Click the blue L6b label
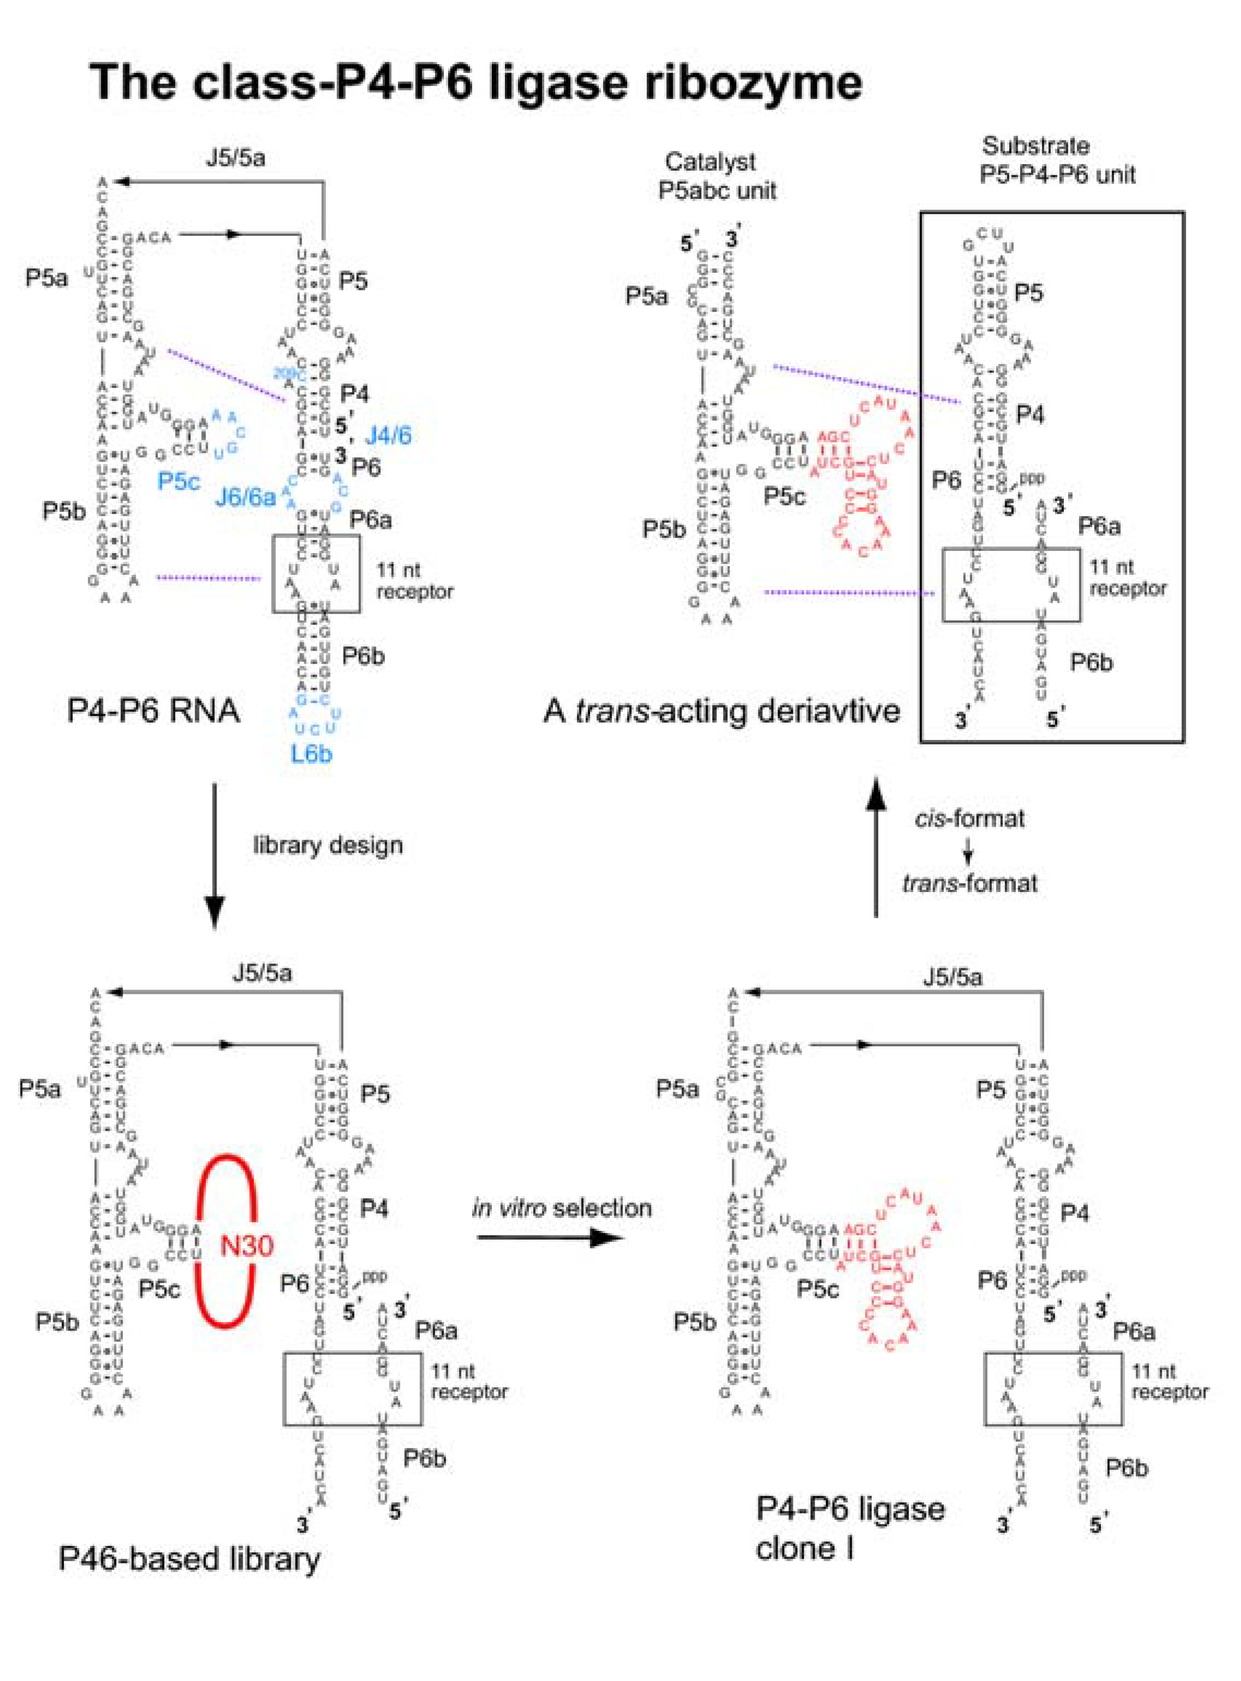[312, 753]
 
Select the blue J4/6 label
[388, 435]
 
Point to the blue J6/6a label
[246, 497]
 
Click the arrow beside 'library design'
[215, 856]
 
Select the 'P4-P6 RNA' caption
[153, 710]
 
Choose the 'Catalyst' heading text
[710, 161]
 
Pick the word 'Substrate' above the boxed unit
[1035, 145]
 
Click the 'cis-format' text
[969, 818]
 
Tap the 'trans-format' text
[969, 883]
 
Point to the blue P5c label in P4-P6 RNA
[178, 481]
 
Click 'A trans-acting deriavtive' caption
[721, 710]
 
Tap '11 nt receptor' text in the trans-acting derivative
[1128, 578]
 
